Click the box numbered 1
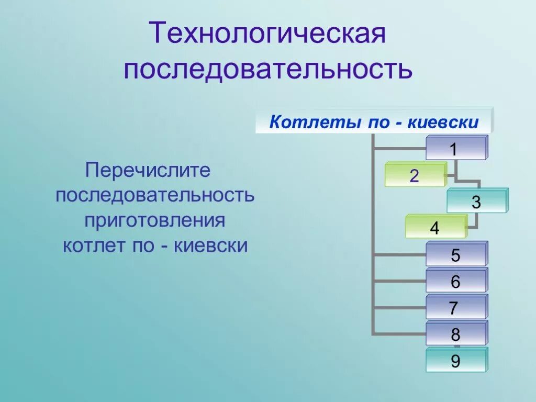pos(456,149)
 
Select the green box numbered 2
pos(415,176)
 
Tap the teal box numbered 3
pos(476,202)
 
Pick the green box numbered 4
pos(435,228)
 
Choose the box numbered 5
pos(456,255)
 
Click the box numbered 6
pos(456,282)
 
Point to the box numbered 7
pos(456,308)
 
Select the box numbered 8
pos(456,334)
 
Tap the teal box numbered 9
pos(456,361)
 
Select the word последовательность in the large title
pos(268,69)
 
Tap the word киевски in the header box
pos(443,123)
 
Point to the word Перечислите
pos(148,170)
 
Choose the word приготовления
pos(155,220)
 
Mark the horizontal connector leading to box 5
pos(399,255)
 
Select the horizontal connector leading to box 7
pos(399,307)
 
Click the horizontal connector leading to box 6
pos(399,281)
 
